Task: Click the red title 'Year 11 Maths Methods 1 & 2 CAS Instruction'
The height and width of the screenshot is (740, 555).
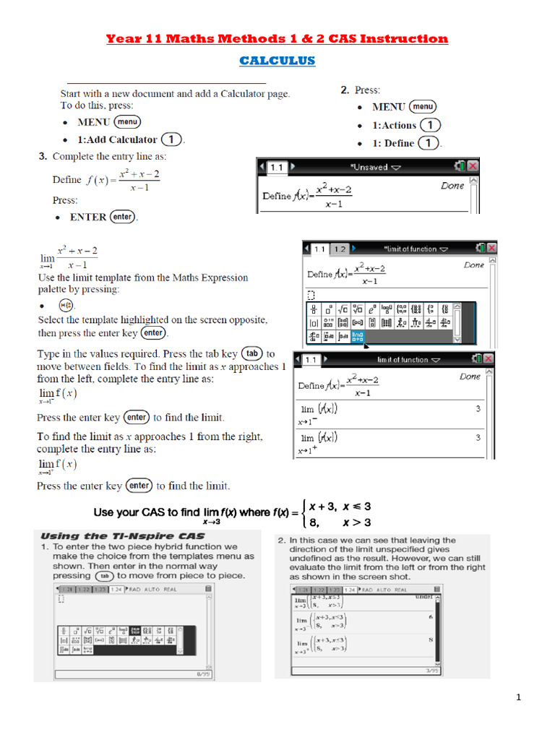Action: (277, 38)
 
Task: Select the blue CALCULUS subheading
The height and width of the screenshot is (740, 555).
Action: (277, 61)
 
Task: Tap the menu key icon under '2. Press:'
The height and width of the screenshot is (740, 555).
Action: (423, 106)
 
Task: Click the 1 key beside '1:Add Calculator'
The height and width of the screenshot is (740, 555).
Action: (171, 139)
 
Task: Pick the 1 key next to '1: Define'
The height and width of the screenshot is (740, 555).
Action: (429, 143)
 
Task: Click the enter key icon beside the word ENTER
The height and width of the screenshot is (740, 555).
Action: (123, 217)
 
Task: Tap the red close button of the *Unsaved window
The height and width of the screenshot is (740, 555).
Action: (472, 167)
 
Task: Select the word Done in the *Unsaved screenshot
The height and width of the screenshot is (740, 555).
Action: (452, 186)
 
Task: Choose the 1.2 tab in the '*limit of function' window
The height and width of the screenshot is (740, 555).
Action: (339, 249)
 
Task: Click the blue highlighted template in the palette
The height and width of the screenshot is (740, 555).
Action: (358, 336)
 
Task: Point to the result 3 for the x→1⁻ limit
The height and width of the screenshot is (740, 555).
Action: (478, 409)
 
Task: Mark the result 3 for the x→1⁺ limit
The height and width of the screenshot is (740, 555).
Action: (478, 437)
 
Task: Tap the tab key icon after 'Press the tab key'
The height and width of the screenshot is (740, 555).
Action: (251, 354)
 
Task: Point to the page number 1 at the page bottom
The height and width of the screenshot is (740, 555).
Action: (519, 697)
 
